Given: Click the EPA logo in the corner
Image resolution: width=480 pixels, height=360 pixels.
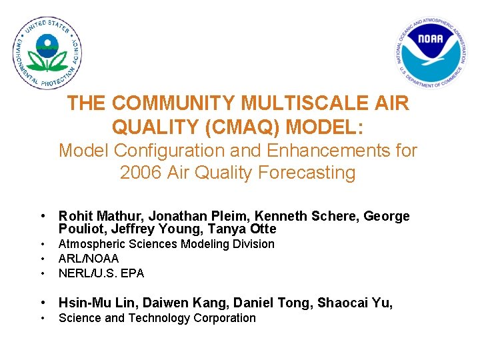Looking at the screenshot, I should [x=47, y=53].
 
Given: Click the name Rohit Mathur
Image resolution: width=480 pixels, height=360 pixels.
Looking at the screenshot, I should [x=100, y=216].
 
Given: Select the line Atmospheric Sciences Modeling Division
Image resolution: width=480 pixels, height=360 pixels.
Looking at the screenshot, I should [x=167, y=244].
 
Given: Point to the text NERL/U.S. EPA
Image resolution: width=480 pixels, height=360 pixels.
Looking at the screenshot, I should [x=101, y=273].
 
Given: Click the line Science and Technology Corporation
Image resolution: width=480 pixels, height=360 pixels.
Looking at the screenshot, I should [x=157, y=318].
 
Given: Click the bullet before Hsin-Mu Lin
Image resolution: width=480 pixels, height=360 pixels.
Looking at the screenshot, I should [x=42, y=303].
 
